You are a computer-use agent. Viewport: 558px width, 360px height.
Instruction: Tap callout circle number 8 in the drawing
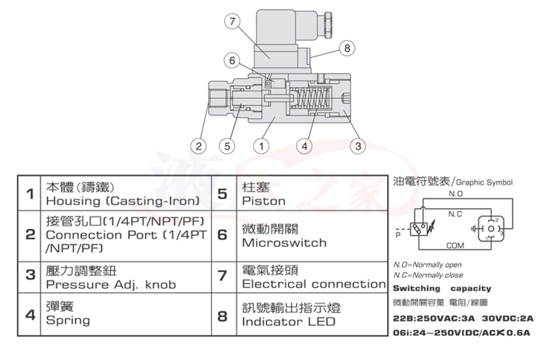pyautogui.click(x=345, y=48)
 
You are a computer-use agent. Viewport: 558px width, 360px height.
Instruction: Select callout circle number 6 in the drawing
pyautogui.click(x=232, y=60)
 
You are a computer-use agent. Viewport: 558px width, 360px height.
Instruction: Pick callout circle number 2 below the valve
pyautogui.click(x=197, y=146)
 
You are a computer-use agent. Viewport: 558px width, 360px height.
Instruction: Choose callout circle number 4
pyautogui.click(x=305, y=146)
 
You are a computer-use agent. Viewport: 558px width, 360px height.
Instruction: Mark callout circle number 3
pyautogui.click(x=357, y=146)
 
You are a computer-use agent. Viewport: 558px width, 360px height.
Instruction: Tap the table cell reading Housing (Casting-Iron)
pyautogui.click(x=122, y=202)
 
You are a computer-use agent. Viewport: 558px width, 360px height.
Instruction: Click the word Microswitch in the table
pyautogui.click(x=284, y=242)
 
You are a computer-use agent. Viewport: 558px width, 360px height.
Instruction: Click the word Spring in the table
pyautogui.click(x=68, y=321)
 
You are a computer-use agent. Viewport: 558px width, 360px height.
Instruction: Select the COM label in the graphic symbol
pyautogui.click(x=455, y=244)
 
